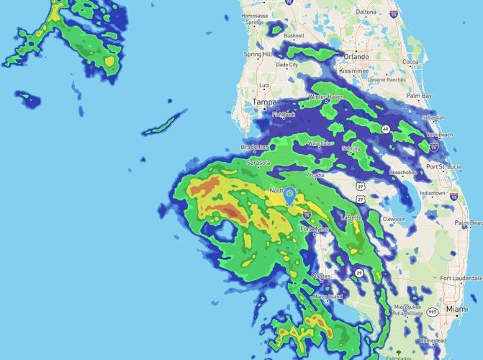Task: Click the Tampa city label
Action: click(263, 103)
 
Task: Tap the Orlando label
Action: click(356, 56)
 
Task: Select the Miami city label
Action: click(456, 309)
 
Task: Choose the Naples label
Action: click(321, 276)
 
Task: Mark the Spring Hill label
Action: click(258, 55)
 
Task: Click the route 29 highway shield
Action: click(358, 273)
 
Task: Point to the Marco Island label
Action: click(327, 297)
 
